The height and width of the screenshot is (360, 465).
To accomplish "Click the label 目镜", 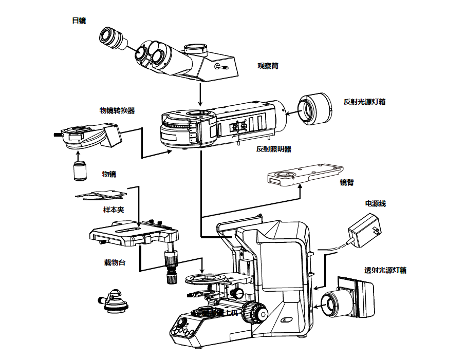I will pos(79,21).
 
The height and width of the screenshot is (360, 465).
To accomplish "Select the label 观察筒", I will pos(268,66).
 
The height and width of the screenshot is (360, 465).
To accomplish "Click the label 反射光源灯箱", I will pos(364,102).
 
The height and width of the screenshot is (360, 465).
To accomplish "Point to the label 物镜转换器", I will pos(117,110).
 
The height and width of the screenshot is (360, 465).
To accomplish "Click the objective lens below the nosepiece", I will pos(79,171).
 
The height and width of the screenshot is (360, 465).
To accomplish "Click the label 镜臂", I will pos(347,182).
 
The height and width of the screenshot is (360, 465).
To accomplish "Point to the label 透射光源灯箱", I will pos(385,270).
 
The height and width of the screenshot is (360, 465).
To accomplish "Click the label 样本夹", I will pos(114,210).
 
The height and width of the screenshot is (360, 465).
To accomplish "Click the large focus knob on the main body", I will pos(255,312).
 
